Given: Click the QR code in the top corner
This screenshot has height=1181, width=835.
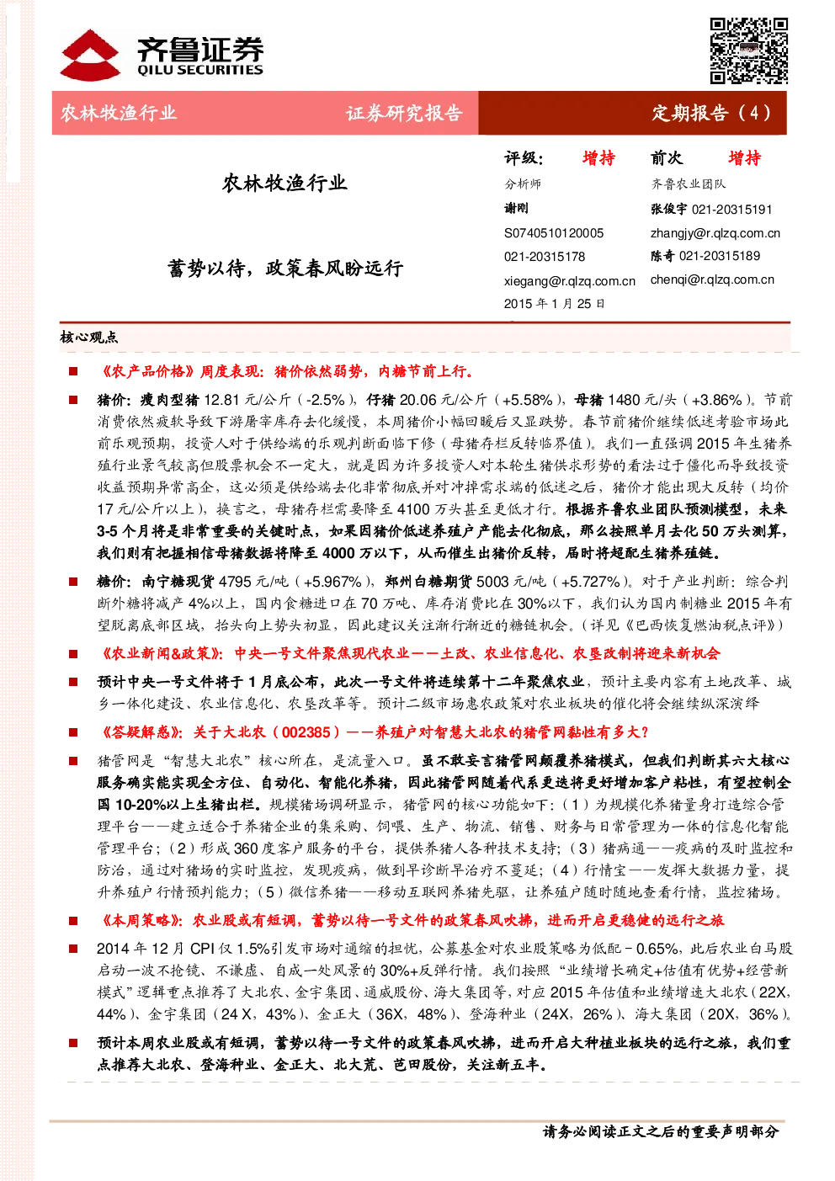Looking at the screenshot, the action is [x=748, y=51].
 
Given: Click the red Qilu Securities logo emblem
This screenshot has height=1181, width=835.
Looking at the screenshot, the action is [x=90, y=55].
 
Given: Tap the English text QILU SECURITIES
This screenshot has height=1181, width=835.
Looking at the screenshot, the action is [x=199, y=70].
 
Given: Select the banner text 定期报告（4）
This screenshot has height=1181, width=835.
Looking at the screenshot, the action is [x=711, y=113].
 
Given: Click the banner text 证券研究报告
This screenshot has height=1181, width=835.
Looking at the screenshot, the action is [x=404, y=113].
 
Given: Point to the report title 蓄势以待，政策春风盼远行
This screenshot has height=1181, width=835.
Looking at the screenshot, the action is [x=285, y=269].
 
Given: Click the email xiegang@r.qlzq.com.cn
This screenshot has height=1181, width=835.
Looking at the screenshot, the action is [x=569, y=281].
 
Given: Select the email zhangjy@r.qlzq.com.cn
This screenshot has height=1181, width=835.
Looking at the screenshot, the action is [x=715, y=233].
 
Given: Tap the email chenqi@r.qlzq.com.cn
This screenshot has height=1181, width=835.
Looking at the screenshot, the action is [x=712, y=279].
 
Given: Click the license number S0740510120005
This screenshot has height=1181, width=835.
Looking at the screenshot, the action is [x=554, y=233].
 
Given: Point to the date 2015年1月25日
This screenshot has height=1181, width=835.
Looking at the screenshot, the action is [x=554, y=304].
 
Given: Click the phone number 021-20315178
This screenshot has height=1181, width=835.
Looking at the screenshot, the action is [x=545, y=257].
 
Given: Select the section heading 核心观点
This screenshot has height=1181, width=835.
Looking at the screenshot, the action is [x=88, y=337].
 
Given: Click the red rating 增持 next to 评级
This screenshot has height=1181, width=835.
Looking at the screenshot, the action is [x=598, y=157].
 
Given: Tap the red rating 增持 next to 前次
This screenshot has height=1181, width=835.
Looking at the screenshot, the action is [x=745, y=157].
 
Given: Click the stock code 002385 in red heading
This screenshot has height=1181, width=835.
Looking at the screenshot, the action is [x=306, y=732].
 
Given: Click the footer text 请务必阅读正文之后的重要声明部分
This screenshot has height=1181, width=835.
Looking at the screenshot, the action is [x=661, y=1131].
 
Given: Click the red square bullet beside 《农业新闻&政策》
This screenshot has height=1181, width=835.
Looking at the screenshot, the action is [x=73, y=654].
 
